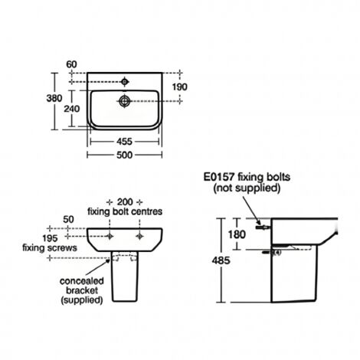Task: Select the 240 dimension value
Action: tap(70, 109)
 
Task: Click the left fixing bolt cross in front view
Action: tap(110, 237)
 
